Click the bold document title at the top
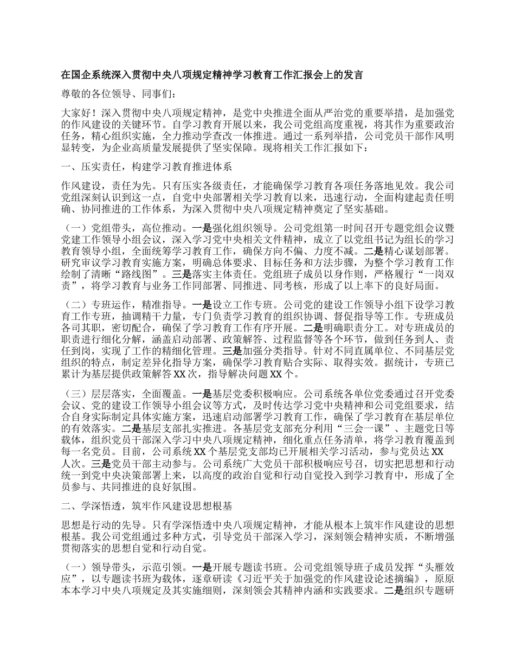click(211, 75)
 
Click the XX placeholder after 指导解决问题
click(276, 374)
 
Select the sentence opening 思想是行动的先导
click(100, 526)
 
